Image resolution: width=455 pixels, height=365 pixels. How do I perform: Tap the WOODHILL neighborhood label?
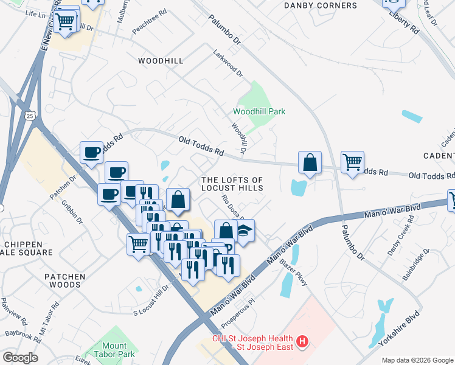click(160, 61)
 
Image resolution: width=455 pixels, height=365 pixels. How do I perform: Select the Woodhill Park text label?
click(259, 111)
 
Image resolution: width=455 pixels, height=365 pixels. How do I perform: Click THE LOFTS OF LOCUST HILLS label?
click(232, 184)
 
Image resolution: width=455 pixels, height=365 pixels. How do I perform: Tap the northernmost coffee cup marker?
click(92, 152)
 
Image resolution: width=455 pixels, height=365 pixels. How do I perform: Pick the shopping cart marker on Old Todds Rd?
click(352, 162)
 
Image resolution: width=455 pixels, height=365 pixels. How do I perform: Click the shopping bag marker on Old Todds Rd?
click(310, 162)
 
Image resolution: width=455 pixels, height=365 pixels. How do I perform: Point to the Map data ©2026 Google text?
click(417, 360)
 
